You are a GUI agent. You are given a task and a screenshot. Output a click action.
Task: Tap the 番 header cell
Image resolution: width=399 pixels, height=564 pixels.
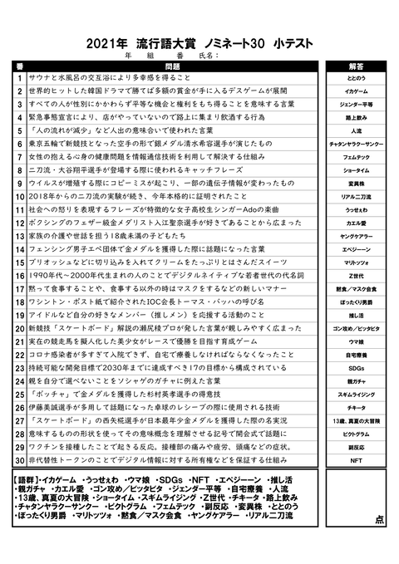click(19, 65)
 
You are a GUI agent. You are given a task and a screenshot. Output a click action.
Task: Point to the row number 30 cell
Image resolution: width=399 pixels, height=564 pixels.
click(19, 459)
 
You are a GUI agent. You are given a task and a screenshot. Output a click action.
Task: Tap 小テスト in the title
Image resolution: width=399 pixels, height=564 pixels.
click(287, 42)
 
